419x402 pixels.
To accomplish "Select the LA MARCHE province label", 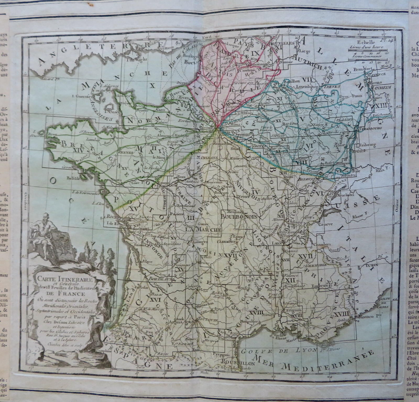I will pyautogui.click(x=207, y=230).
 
